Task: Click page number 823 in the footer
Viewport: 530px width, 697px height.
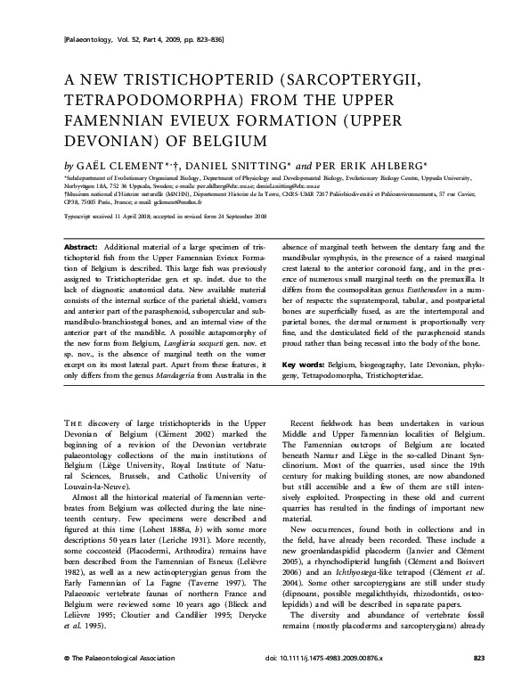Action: pos(478,682)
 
